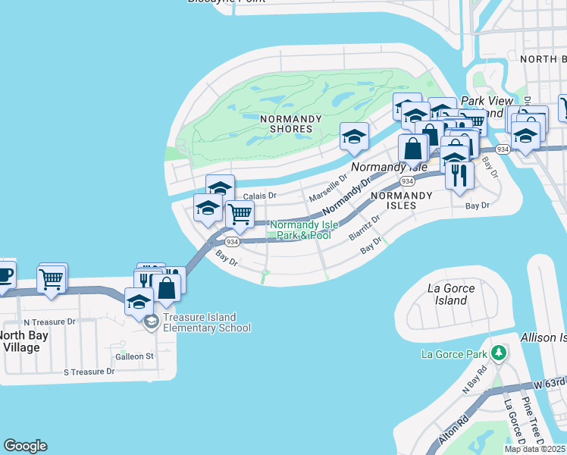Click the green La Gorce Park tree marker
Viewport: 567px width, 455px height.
[498, 353]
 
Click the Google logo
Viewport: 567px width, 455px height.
[25, 446]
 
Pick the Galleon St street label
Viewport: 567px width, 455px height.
[134, 356]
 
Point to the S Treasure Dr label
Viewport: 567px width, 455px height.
[89, 372]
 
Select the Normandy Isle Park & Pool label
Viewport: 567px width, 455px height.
[301, 230]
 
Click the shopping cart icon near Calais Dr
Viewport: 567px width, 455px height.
[240, 215]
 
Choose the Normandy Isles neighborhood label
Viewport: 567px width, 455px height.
[401, 200]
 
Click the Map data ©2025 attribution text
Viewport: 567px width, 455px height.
[534, 449]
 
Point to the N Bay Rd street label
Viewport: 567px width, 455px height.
[475, 379]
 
